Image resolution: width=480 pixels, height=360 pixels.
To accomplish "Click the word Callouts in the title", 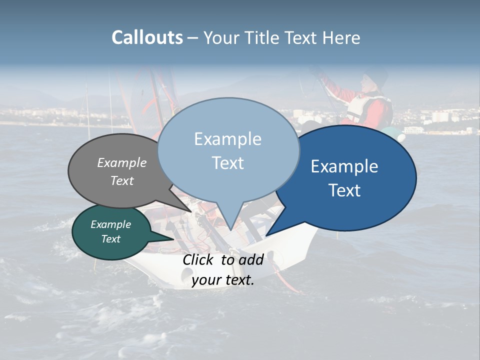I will tap(147, 37).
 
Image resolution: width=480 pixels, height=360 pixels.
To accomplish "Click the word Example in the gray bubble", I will tap(121, 162).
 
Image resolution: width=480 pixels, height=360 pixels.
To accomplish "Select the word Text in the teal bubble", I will tap(110, 239).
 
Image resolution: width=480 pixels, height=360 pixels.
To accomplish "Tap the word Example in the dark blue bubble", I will tap(344, 166).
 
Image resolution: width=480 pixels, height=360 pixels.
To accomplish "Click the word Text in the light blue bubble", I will tap(228, 162).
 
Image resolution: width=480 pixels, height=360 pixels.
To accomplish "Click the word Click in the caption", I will tap(199, 259).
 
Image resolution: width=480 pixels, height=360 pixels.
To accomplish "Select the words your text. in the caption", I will tap(222, 280).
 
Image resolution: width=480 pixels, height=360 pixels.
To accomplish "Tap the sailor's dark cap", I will tap(376, 76).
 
